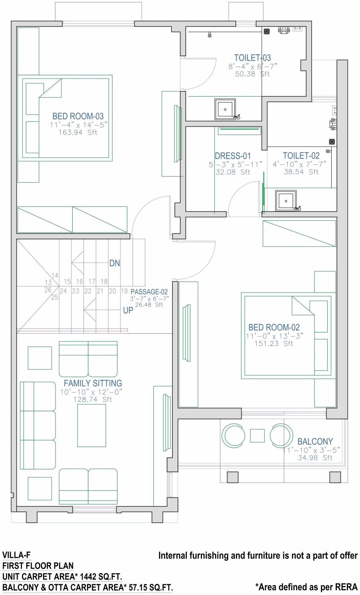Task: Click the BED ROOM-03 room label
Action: click(78, 117)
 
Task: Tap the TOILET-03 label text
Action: click(252, 58)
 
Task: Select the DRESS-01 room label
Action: click(233, 156)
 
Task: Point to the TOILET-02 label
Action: click(301, 156)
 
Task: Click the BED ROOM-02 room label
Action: click(274, 328)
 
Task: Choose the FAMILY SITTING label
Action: click(93, 383)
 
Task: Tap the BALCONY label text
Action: click(315, 441)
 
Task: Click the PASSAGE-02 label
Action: click(149, 292)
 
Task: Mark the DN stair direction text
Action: click(115, 263)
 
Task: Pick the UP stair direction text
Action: click(128, 310)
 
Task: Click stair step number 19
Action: click(124, 291)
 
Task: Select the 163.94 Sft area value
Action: click(78, 132)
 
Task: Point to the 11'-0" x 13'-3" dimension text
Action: click(274, 336)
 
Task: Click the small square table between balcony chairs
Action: click(257, 435)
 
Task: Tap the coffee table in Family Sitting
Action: click(91, 425)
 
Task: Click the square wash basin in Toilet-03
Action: click(225, 109)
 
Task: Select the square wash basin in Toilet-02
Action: click(286, 200)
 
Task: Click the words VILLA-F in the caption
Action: click(16, 555)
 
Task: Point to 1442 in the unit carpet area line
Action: click(88, 577)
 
